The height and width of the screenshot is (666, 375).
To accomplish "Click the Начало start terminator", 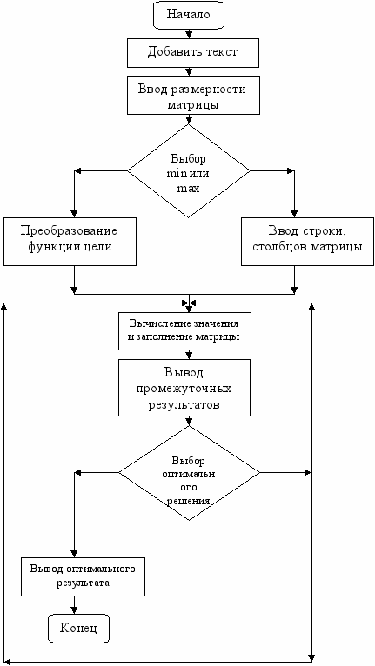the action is [x=188, y=15].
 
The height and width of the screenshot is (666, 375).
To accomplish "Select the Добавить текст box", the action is [x=193, y=53].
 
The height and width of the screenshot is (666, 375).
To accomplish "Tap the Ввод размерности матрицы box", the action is [x=193, y=95].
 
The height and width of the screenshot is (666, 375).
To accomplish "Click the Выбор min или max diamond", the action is [x=189, y=171].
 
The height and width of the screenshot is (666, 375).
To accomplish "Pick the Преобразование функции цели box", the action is [x=70, y=242].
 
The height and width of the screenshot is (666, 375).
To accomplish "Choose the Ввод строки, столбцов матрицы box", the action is [x=308, y=242].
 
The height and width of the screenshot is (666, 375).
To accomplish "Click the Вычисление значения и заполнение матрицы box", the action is [x=184, y=331].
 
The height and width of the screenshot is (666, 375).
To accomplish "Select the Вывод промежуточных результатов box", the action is [x=184, y=388].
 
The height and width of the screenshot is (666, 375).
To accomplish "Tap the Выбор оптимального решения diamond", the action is [x=189, y=473].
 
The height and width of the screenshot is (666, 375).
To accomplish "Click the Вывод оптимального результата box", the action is [x=83, y=576].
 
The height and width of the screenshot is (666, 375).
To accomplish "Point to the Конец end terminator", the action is [x=78, y=629].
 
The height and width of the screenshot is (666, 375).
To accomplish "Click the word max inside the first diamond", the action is [x=188, y=189].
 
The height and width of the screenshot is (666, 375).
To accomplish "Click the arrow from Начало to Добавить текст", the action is [x=188, y=35].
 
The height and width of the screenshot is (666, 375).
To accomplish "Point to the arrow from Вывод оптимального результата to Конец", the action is [x=75, y=605].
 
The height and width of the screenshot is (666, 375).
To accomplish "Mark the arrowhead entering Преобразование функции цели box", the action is [x=75, y=215].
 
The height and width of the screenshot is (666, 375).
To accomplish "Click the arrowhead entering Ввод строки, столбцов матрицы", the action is [x=293, y=215].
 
